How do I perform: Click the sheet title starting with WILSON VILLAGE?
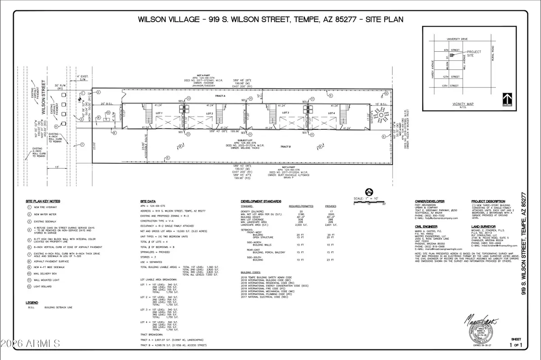pos(270,19)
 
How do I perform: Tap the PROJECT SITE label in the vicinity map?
pos(473,54)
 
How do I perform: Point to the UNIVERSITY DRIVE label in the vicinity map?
pos(458,39)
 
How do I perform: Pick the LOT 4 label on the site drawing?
pos(332,113)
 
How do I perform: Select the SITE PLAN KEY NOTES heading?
pos(43,201)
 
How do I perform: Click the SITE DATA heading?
pos(149,201)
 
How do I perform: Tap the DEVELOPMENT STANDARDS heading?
pos(261,201)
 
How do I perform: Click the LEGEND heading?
pos(32,302)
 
